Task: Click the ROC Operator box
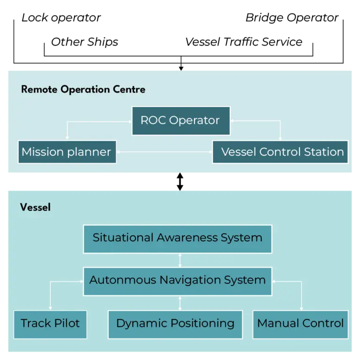click(180, 120)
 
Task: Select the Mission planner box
click(67, 152)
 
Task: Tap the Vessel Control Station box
click(280, 152)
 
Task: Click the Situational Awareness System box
click(177, 238)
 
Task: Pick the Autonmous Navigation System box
click(177, 280)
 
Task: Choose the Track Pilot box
click(50, 323)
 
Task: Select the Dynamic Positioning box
click(175, 323)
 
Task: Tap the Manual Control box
click(300, 323)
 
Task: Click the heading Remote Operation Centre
click(83, 90)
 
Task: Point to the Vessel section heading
click(35, 207)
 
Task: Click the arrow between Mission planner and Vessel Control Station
click(164, 152)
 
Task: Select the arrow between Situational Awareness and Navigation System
click(180, 260)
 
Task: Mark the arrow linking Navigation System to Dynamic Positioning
click(180, 303)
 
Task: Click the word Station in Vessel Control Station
click(324, 152)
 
